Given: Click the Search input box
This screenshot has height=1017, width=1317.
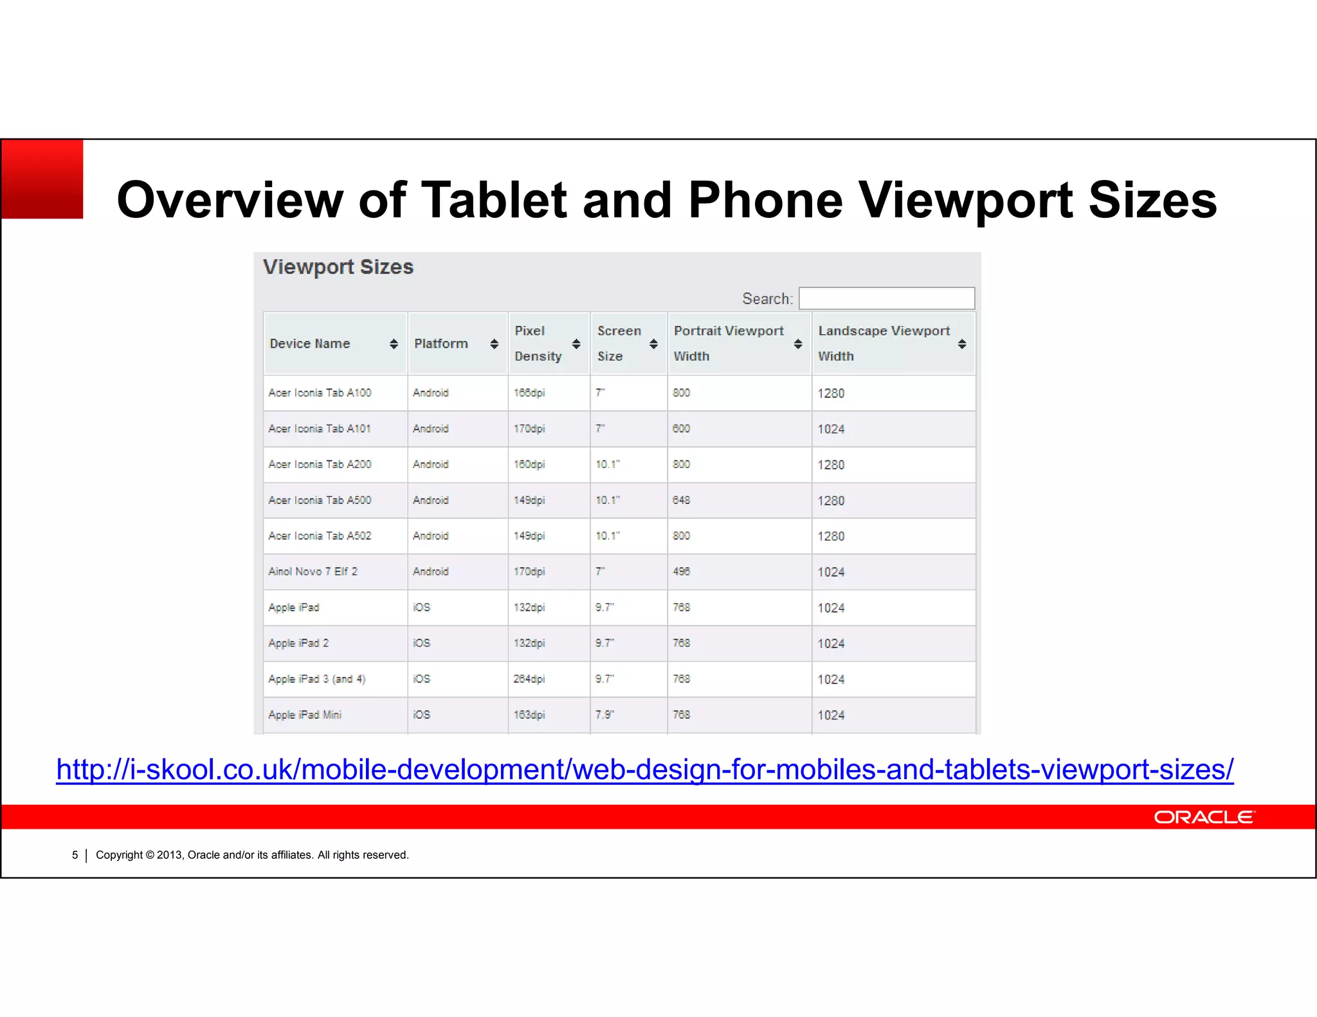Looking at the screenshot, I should pyautogui.click(x=886, y=298).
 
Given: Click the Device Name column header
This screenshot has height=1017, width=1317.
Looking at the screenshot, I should pyautogui.click(x=310, y=343).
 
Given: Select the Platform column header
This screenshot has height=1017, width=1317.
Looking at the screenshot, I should pyautogui.click(x=441, y=343).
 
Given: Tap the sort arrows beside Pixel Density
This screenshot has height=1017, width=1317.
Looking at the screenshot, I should pyautogui.click(x=576, y=344).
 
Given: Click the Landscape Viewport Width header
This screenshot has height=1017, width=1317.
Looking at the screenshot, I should pyautogui.click(x=884, y=343).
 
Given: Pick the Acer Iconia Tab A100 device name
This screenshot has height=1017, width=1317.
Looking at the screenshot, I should pyautogui.click(x=320, y=393).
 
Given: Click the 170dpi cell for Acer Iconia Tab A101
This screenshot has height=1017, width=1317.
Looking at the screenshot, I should pyautogui.click(x=529, y=429).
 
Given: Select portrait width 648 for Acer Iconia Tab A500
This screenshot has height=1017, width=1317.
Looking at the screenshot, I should pyautogui.click(x=682, y=500).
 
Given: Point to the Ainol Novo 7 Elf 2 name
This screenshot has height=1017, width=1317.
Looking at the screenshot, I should pyautogui.click(x=313, y=571).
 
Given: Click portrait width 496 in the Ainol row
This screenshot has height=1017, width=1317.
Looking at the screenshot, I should pyautogui.click(x=682, y=571).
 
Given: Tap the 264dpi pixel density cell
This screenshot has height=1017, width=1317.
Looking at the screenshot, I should pyautogui.click(x=529, y=679).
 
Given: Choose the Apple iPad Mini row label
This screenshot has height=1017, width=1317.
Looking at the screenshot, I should pyautogui.click(x=305, y=715).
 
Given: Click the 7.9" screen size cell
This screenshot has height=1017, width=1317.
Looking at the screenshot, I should pyautogui.click(x=604, y=715).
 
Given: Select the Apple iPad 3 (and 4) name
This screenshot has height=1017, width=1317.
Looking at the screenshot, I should pyautogui.click(x=316, y=679).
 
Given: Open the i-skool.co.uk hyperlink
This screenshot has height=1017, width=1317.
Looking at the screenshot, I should pyautogui.click(x=644, y=770).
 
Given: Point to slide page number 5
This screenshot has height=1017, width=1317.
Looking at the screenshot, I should pyautogui.click(x=75, y=855).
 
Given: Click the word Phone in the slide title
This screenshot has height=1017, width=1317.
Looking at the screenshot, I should pyautogui.click(x=765, y=200).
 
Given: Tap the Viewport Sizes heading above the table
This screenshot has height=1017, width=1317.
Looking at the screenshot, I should pyautogui.click(x=338, y=267).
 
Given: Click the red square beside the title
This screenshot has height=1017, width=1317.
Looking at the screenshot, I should pyautogui.click(x=42, y=179).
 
